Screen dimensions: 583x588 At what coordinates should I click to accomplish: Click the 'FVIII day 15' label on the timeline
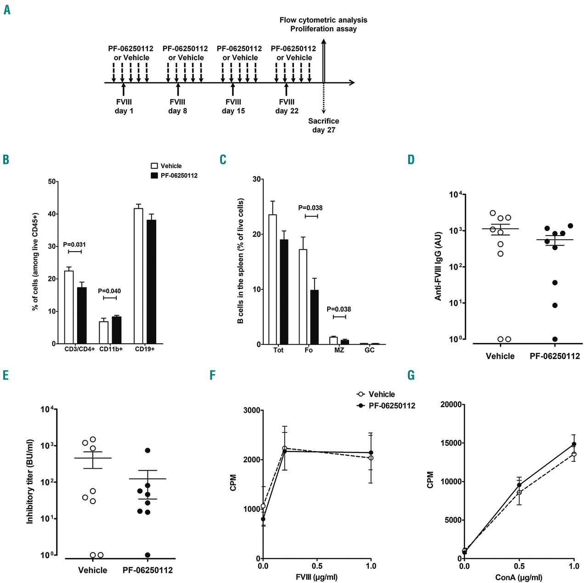point(233,107)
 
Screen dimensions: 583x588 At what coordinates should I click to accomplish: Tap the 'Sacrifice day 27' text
point(323,125)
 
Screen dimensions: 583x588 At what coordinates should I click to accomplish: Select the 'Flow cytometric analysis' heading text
point(323,20)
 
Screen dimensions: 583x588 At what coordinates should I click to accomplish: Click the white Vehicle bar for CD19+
point(138,275)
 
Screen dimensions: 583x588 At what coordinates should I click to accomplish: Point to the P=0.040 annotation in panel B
point(109,291)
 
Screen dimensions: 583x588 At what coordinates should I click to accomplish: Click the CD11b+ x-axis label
point(111,349)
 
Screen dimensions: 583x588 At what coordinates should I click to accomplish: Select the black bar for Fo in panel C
point(314,317)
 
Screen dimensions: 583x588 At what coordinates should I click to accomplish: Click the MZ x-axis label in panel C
point(339,350)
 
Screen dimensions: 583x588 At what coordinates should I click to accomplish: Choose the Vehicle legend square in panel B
point(154,166)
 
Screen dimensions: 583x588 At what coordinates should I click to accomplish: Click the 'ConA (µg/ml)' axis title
point(519,577)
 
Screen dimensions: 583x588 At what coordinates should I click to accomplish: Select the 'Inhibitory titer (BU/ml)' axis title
point(30,482)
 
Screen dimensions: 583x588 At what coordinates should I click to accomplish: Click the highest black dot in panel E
point(147,450)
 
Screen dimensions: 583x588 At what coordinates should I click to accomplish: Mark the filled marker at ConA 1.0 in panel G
point(574,444)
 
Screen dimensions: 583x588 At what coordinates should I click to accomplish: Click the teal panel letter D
point(411,160)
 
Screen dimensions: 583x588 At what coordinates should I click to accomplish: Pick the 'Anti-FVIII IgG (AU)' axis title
point(438,266)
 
